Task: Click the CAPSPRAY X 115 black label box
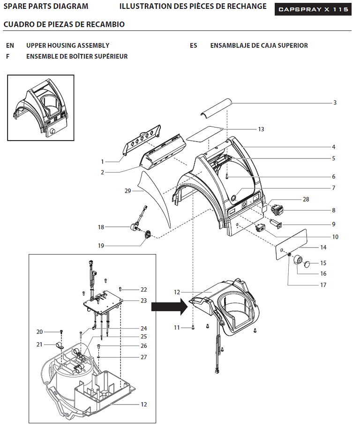tap(313, 9)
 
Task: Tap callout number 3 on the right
tap(335, 103)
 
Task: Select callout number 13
tap(261, 129)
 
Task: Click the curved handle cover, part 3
tap(216, 108)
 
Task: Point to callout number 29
tap(127, 191)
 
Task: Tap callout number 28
tap(306, 200)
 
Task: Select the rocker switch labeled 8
tap(277, 210)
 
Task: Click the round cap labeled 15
tap(307, 264)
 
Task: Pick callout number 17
tap(323, 285)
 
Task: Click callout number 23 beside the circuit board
tap(143, 301)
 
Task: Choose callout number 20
tap(39, 332)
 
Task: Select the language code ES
tap(194, 45)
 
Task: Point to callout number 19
tap(101, 246)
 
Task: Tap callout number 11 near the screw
tap(177, 328)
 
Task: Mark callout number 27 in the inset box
tap(143, 357)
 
